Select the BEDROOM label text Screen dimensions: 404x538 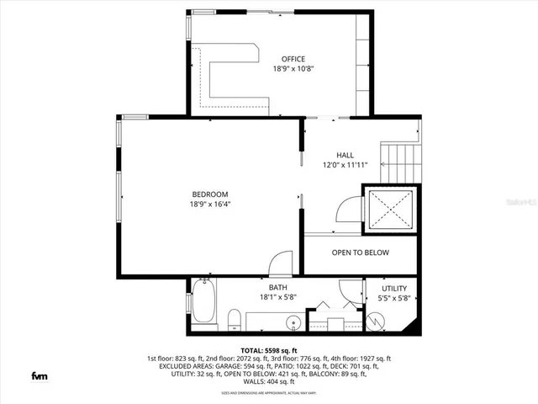pyautogui.click(x=209, y=194)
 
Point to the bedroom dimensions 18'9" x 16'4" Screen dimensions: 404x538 pyautogui.click(x=209, y=204)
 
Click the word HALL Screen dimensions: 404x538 pyautogui.click(x=345, y=156)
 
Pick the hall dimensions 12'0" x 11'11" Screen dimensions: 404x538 pyautogui.click(x=345, y=166)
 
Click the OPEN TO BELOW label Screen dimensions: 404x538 pyautogui.click(x=360, y=252)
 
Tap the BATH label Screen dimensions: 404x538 pyautogui.click(x=277, y=287)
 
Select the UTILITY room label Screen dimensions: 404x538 pyautogui.click(x=394, y=288)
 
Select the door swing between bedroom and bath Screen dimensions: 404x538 pyautogui.click(x=282, y=261)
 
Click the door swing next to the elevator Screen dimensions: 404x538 pyautogui.click(x=349, y=210)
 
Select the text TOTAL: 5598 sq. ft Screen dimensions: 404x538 pyautogui.click(x=269, y=349)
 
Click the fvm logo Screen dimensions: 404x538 pyautogui.click(x=39, y=375)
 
